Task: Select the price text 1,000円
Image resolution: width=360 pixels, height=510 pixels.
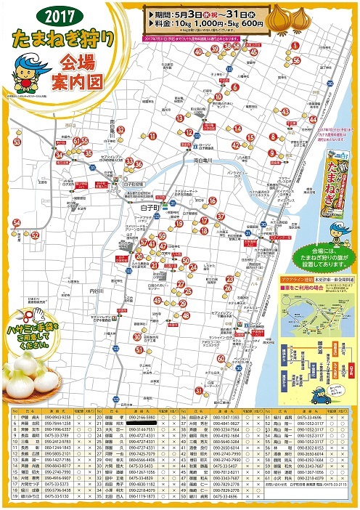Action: [201, 23]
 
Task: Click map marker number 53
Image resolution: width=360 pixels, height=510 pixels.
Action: [17, 142]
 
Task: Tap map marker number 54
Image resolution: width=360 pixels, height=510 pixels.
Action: [16, 223]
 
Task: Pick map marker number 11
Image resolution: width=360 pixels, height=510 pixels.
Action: [152, 136]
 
